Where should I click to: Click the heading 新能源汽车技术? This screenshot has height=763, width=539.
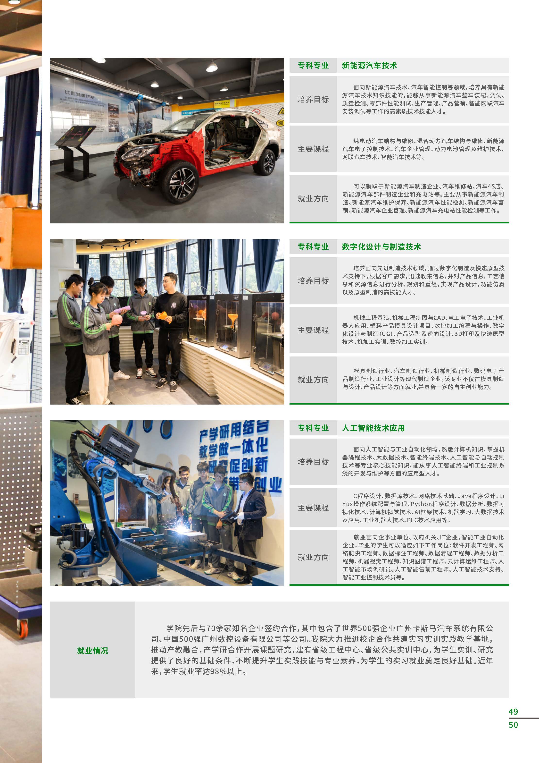point(369,66)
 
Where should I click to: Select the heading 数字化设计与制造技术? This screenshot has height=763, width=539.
point(381,246)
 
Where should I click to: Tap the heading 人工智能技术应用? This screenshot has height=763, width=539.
point(373,428)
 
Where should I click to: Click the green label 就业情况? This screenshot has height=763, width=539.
point(93,650)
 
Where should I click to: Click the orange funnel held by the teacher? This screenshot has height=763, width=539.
point(163,315)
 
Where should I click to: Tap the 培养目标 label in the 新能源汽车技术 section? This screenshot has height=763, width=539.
point(313,99)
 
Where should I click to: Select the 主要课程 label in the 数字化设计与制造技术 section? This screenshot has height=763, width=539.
point(313,330)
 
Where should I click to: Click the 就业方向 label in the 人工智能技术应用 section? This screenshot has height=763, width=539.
point(313,557)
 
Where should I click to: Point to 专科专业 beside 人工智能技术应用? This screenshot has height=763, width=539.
point(313,428)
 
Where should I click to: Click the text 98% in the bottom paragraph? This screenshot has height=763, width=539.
point(218,671)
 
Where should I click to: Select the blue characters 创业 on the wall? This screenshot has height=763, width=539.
point(269,485)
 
